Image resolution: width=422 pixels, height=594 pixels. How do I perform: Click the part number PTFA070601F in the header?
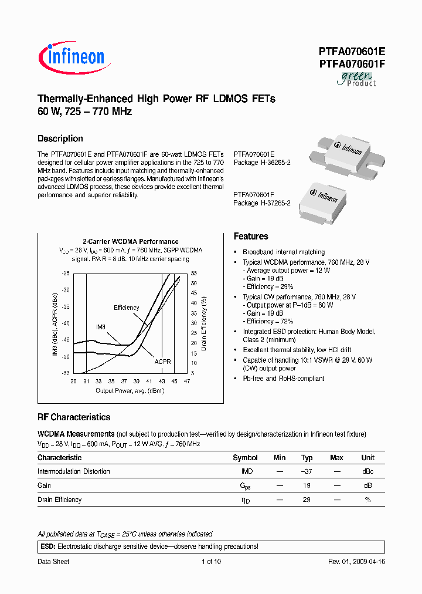click(352, 64)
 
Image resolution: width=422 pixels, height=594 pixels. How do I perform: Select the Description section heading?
click(60, 139)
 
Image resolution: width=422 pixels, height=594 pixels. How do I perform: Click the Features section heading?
click(250, 237)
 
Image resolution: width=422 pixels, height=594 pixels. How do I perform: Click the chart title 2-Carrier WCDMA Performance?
click(130, 242)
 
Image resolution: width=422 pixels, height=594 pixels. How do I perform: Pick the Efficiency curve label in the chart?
click(126, 308)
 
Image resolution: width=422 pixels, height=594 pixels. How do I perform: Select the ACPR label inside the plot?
click(162, 362)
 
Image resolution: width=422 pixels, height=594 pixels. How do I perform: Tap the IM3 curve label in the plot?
click(100, 326)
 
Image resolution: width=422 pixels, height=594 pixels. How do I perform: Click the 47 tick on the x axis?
click(187, 382)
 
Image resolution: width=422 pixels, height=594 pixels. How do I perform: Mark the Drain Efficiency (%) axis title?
click(204, 323)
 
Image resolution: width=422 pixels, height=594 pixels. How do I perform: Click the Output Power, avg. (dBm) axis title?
click(130, 390)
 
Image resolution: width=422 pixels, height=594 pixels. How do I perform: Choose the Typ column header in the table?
click(307, 458)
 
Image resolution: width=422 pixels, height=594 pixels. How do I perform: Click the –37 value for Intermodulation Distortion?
click(307, 472)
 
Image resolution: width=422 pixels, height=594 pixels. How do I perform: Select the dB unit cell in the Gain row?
click(367, 486)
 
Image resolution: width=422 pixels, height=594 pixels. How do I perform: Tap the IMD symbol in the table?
click(247, 472)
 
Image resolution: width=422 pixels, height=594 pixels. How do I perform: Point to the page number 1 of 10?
click(210, 562)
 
